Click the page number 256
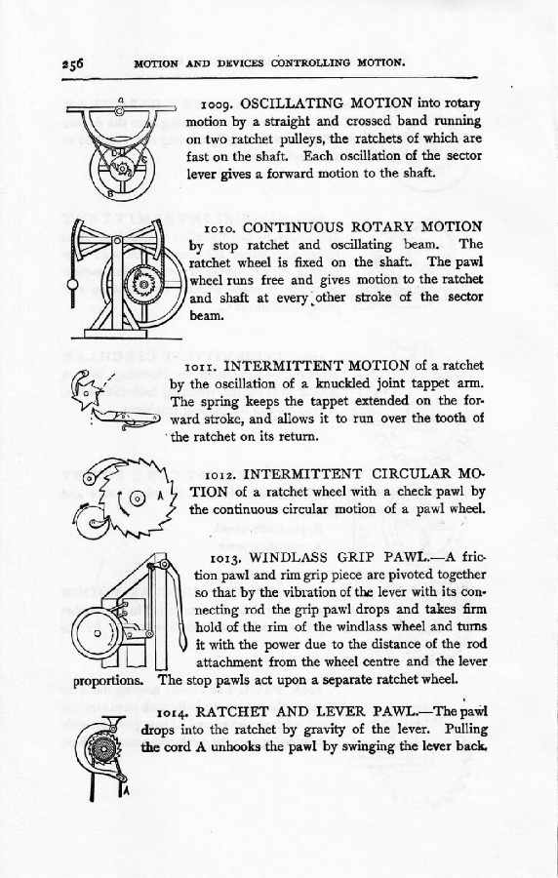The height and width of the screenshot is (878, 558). (72, 63)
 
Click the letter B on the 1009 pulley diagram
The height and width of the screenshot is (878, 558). (111, 194)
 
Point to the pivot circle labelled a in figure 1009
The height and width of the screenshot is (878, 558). (120, 111)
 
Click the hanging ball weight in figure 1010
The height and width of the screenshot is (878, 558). (73, 285)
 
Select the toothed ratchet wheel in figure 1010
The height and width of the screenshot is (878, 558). (143, 285)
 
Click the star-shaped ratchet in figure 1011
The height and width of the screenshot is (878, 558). (88, 394)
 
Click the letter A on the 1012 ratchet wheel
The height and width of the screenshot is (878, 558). (160, 496)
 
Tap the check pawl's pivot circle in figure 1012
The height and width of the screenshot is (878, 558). (90, 478)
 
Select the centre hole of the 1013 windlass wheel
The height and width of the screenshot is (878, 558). (97, 633)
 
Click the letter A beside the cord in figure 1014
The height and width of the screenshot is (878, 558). (126, 791)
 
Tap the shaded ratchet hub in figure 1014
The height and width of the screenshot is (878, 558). (103, 748)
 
